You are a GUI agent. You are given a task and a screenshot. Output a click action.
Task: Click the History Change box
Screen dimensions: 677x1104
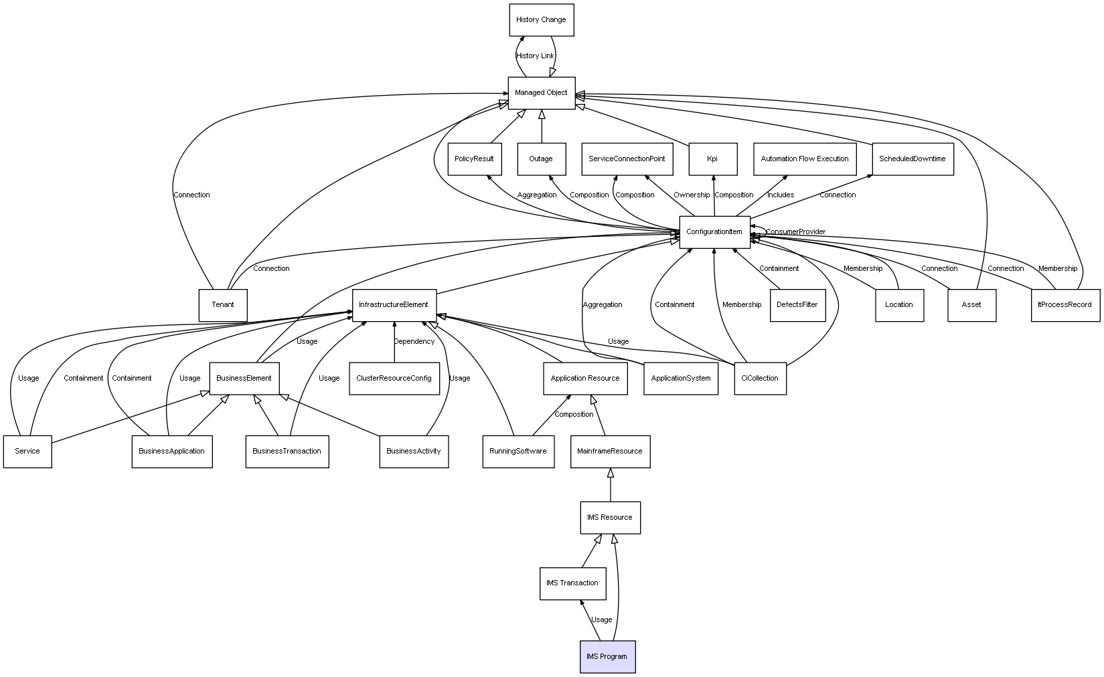pos(541,20)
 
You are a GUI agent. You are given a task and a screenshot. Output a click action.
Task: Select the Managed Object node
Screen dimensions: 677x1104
pos(541,93)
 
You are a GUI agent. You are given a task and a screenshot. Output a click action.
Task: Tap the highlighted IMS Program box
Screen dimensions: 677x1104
pos(607,657)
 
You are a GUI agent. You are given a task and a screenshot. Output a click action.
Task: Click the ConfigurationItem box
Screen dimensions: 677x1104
pos(714,232)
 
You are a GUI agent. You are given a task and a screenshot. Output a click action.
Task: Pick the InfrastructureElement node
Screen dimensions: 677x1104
pos(394,305)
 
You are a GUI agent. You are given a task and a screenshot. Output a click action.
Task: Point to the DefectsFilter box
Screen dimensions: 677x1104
pos(797,305)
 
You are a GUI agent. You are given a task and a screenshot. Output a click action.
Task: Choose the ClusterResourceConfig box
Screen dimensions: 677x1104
pos(394,379)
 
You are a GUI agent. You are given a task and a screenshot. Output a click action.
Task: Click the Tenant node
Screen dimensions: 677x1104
pos(223,305)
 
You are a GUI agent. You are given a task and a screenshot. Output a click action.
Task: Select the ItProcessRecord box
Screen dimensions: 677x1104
pos(1064,305)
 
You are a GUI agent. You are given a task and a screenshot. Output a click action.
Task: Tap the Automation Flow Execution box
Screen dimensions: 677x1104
pos(805,159)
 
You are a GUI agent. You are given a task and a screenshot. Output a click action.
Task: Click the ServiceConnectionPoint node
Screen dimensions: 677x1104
pos(627,159)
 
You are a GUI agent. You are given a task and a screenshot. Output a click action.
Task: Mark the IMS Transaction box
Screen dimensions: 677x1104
pos(572,583)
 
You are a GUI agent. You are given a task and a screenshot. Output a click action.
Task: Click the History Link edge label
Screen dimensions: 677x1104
pos(535,56)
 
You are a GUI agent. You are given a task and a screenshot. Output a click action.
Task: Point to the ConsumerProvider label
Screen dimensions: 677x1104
pos(795,232)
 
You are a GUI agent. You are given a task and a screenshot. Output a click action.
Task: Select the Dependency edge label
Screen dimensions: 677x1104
pos(414,342)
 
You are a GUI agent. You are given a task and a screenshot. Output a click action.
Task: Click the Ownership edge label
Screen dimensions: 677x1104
pos(692,195)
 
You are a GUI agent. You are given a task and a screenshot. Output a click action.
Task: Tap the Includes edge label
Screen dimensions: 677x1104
pos(781,195)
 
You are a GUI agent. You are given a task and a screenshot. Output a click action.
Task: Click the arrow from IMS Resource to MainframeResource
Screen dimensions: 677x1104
pos(610,485)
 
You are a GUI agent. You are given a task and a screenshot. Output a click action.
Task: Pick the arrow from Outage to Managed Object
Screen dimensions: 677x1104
pos(542,126)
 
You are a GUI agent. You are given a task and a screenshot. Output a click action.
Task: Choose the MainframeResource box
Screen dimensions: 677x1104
pos(610,452)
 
